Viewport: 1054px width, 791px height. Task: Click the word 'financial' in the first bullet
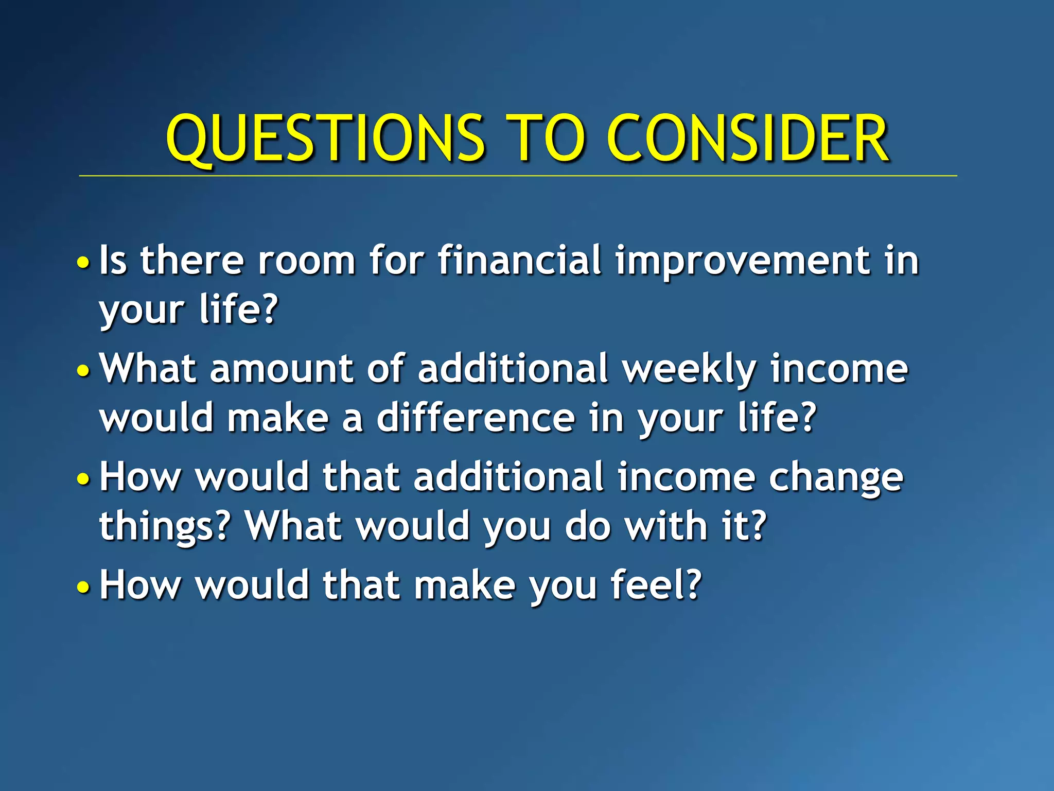(520, 260)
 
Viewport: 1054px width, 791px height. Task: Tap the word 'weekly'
(690, 370)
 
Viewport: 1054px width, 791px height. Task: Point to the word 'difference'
(476, 418)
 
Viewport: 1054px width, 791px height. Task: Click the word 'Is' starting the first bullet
(113, 260)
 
